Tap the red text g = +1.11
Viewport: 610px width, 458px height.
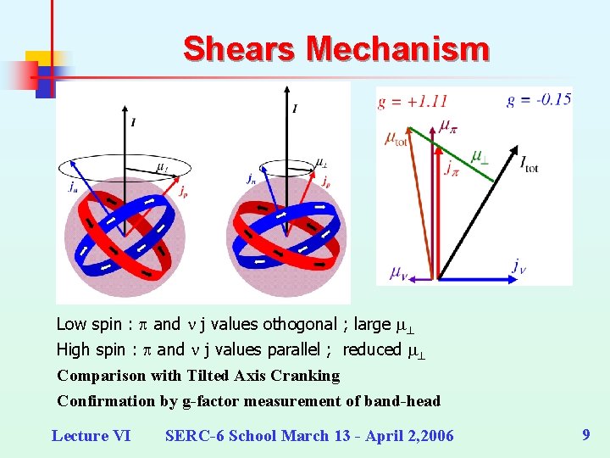pos(413,101)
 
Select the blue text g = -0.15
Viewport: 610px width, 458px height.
pos(539,99)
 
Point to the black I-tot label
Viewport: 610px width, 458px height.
pos(529,160)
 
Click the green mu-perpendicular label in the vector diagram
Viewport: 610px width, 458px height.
pos(480,159)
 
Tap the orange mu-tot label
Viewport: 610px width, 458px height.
pos(396,138)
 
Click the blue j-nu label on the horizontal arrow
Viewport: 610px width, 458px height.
pos(518,265)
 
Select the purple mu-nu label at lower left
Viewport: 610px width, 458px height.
pos(398,272)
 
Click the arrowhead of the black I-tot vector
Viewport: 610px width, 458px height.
pos(514,150)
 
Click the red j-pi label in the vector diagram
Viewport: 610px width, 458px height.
pos(452,168)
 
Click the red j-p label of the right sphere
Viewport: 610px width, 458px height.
pos(326,181)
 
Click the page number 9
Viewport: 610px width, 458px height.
pos(586,435)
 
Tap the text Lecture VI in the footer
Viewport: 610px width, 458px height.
pos(91,436)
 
